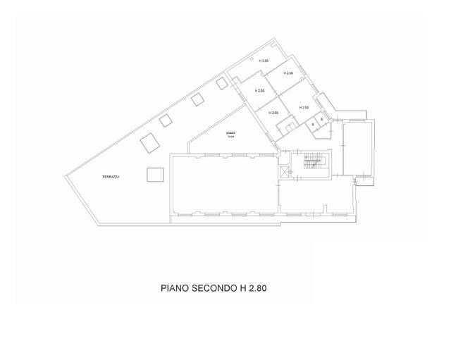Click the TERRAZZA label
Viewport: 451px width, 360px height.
tap(109, 177)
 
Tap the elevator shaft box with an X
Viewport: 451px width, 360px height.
tap(285, 171)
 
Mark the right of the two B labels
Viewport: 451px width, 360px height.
tap(321, 120)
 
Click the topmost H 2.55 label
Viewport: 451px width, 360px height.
tap(264, 61)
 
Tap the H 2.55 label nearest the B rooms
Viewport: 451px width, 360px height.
tap(304, 108)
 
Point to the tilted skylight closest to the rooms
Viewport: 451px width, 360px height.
tap(221, 83)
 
